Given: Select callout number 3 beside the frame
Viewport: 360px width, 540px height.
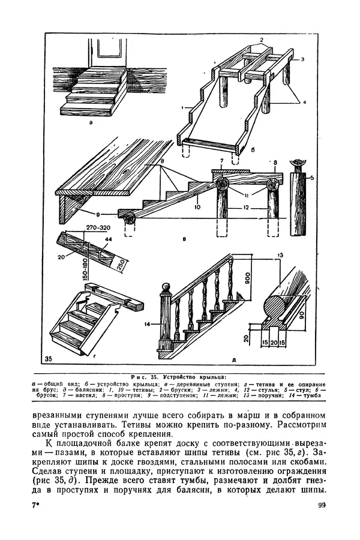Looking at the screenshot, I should (304, 59).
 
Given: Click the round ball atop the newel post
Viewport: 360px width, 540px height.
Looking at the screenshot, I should (164, 293).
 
